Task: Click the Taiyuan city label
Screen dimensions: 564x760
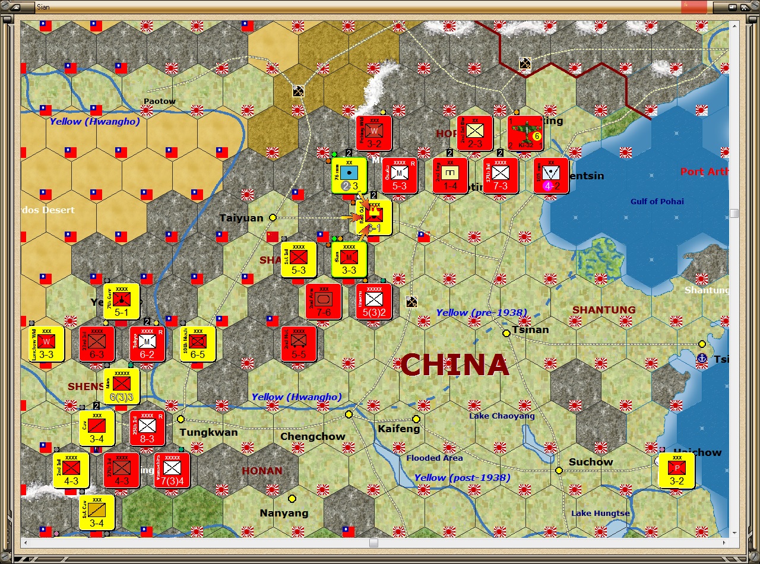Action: [241, 218]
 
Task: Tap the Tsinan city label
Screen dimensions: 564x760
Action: [530, 329]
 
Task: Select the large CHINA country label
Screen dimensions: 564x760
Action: [455, 365]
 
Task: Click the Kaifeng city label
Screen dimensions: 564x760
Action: [398, 429]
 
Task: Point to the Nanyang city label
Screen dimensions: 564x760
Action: [284, 513]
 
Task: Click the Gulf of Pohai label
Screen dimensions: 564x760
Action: [657, 201]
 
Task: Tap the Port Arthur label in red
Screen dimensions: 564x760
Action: [704, 172]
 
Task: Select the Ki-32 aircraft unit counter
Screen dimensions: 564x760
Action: [525, 134]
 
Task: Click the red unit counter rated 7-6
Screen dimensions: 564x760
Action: [324, 302]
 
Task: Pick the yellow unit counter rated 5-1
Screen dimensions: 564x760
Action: [122, 302]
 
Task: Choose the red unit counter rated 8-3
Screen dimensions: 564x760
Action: [147, 428]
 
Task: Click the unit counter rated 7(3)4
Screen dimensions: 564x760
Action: [172, 470]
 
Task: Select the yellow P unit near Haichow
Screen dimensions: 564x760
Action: [677, 470]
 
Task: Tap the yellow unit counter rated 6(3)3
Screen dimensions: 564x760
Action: [122, 386]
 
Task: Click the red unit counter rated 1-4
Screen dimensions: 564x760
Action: [450, 175]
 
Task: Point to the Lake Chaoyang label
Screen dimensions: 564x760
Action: [502, 416]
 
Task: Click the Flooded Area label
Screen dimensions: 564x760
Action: [435, 458]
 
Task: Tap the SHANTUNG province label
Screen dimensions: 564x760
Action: [604, 310]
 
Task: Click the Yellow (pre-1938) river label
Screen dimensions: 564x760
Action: [482, 313]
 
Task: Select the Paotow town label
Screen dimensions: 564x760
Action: [160, 101]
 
